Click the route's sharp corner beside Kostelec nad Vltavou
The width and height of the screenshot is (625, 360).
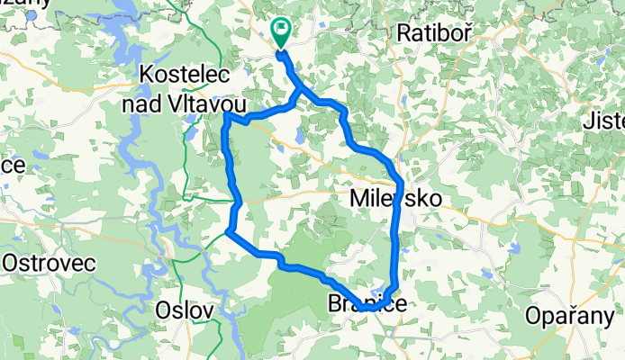tap(226, 116)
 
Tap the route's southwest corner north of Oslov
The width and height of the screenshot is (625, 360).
tap(229, 233)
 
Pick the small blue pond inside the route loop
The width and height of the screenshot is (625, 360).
tap(298, 136)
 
